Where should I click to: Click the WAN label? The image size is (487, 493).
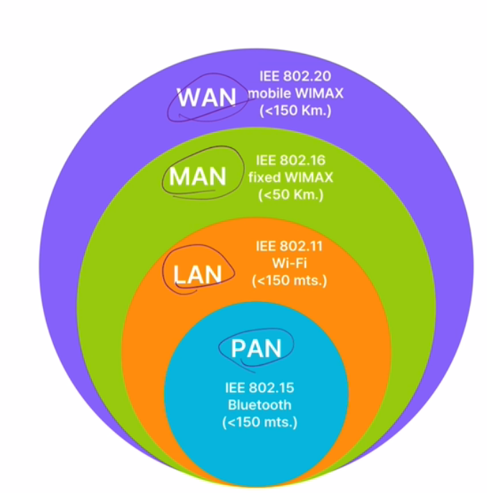[207, 97]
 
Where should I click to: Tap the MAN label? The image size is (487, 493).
[198, 176]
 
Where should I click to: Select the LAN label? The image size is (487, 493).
[198, 274]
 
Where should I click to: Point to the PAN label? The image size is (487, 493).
[256, 349]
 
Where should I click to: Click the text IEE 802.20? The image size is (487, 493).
[290, 76]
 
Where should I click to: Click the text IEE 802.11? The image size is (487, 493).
[289, 247]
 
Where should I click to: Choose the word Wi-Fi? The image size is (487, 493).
[289, 263]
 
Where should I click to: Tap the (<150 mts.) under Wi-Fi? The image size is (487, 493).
[289, 280]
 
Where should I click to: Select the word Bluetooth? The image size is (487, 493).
[259, 405]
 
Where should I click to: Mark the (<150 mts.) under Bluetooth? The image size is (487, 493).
[259, 422]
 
